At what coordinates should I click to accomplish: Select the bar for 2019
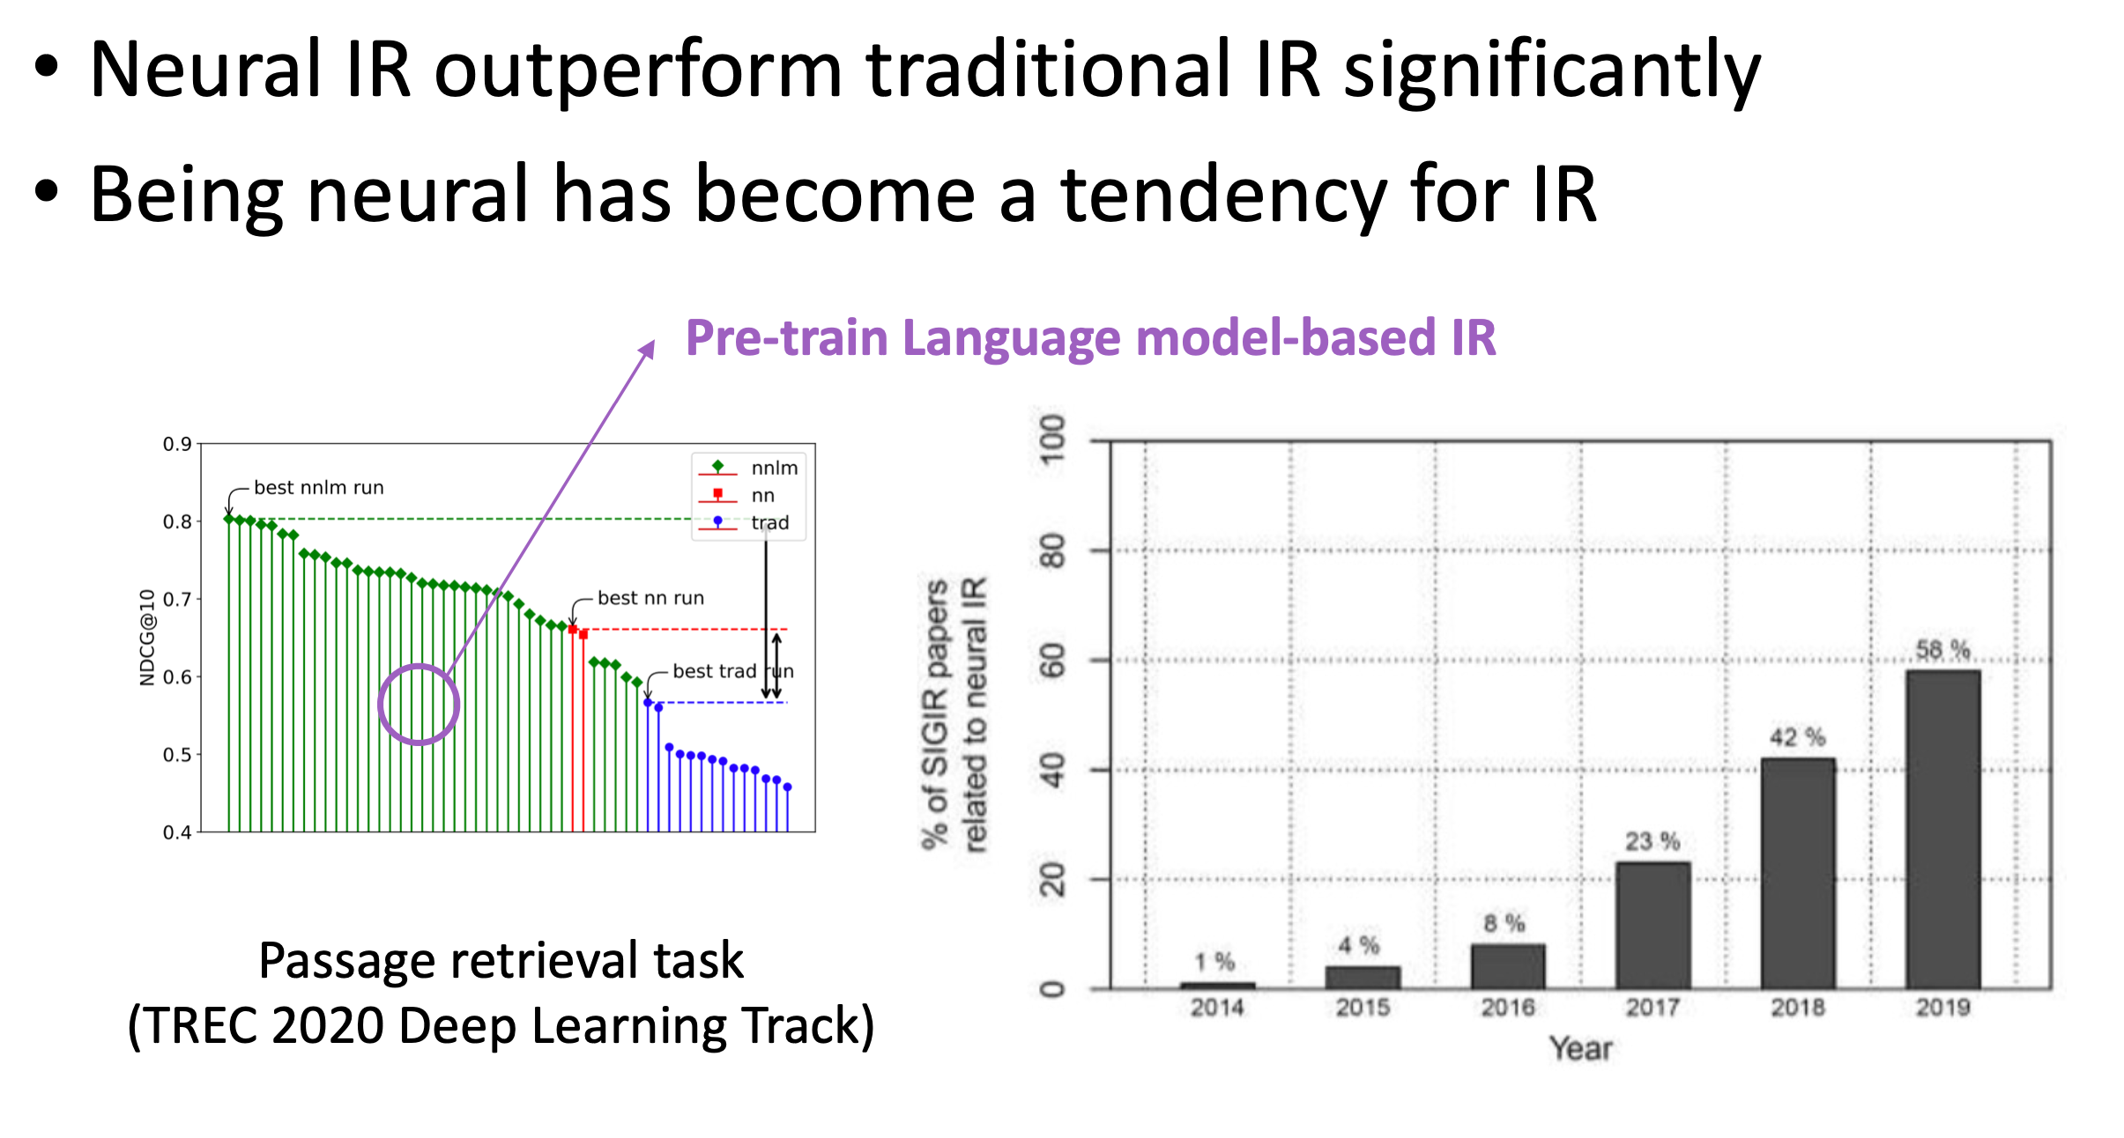pyautogui.click(x=1942, y=829)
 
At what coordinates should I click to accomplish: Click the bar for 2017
pyautogui.click(x=1652, y=925)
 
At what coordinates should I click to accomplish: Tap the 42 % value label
pyautogui.click(x=1797, y=737)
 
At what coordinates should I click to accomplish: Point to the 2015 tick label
pyautogui.click(x=1363, y=1008)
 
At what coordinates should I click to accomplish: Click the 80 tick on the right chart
pyautogui.click(x=1052, y=551)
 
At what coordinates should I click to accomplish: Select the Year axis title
pyautogui.click(x=1581, y=1048)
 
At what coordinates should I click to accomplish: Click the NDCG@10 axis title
pyautogui.click(x=147, y=637)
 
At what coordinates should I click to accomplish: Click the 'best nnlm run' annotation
pyautogui.click(x=319, y=487)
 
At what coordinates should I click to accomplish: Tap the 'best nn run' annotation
pyautogui.click(x=651, y=598)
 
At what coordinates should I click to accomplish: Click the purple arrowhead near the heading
pyautogui.click(x=648, y=350)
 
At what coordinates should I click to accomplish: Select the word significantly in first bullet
pyautogui.click(x=1552, y=73)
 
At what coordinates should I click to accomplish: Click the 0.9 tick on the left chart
pyautogui.click(x=177, y=444)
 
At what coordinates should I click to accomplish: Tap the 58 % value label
pyautogui.click(x=1943, y=650)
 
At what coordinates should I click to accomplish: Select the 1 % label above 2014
pyautogui.click(x=1215, y=962)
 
